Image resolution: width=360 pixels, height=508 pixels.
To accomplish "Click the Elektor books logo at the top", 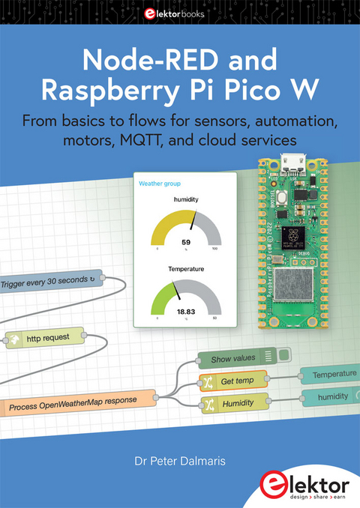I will (180, 12).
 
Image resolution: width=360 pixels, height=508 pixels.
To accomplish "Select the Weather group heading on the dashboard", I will (158, 183).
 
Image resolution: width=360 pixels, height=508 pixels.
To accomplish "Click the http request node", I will (44, 338).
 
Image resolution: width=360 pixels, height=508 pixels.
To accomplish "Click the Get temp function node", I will (237, 381).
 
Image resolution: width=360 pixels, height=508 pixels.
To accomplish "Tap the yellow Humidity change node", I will (234, 404).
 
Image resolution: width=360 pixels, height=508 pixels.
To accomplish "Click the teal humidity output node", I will (330, 396).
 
